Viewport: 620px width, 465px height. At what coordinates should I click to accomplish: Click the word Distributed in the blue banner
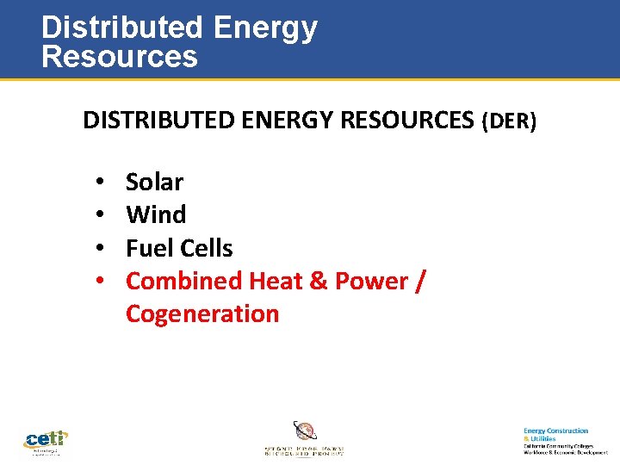[121, 28]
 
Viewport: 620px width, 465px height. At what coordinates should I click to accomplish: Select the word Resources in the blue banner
[120, 57]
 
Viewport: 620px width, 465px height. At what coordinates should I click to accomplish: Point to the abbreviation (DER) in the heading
[509, 122]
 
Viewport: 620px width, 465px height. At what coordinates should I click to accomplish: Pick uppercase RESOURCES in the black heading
[408, 121]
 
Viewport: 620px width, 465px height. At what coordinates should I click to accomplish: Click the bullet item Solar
[154, 182]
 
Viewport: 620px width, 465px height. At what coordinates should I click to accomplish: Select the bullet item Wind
[156, 214]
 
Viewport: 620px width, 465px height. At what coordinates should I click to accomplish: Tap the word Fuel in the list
[144, 248]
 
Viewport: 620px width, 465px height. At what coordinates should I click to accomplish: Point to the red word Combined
[184, 281]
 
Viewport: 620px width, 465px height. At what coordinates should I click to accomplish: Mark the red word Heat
[275, 281]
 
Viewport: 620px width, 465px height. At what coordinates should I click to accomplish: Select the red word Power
[371, 281]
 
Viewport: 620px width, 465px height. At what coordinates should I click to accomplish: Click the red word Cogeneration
[202, 313]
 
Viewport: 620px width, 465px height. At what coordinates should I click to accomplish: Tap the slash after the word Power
[419, 282]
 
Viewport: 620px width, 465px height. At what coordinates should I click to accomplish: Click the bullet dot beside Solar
[101, 183]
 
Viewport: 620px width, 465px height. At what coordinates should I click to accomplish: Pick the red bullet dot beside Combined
[101, 282]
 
